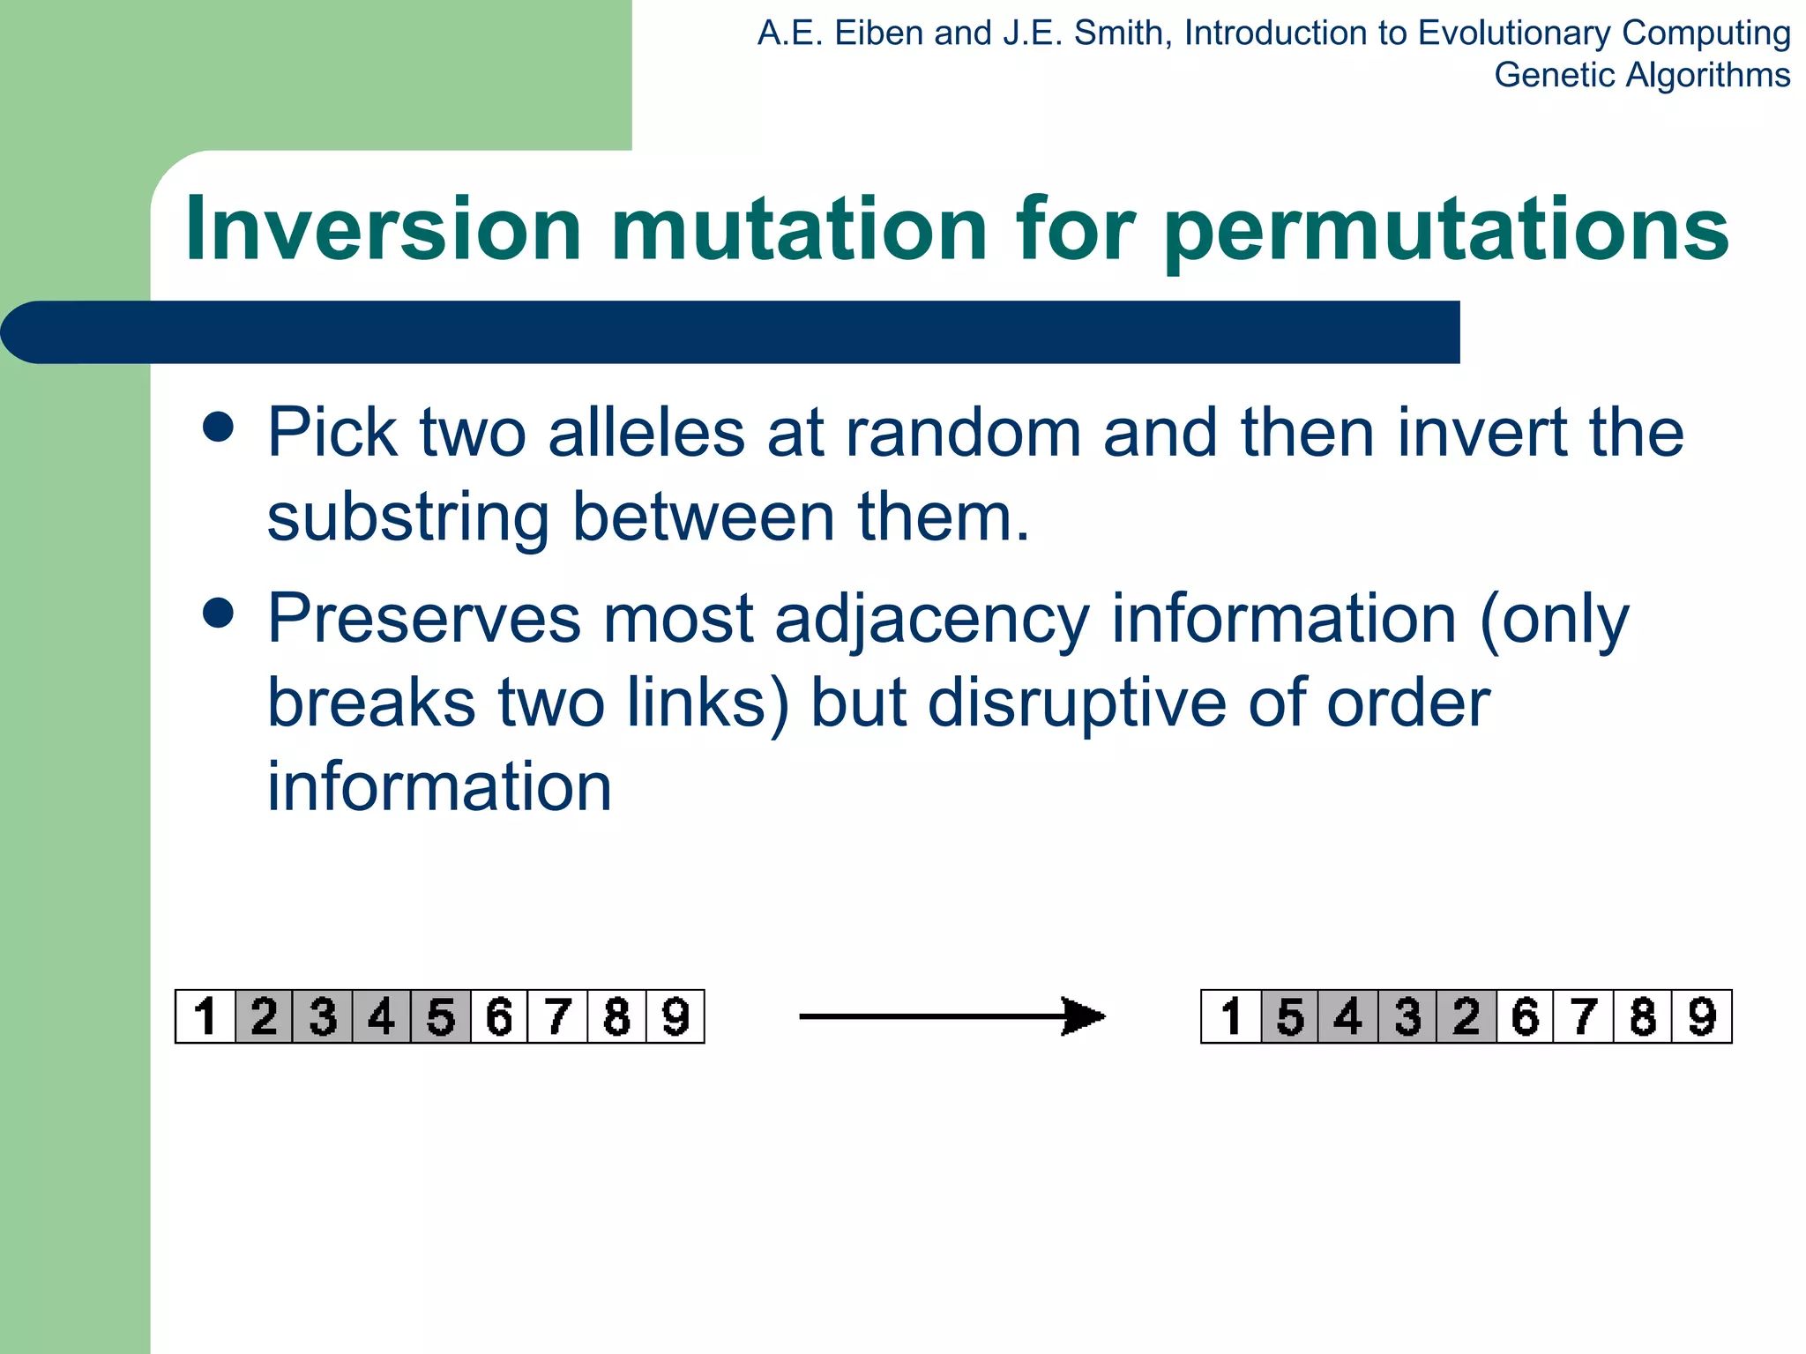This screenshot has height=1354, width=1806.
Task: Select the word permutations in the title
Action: (1446, 231)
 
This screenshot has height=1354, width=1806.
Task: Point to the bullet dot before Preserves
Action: (218, 613)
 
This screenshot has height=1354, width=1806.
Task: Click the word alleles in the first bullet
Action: (646, 433)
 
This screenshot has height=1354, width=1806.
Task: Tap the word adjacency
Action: (932, 620)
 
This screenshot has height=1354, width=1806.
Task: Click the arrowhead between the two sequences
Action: (1083, 1016)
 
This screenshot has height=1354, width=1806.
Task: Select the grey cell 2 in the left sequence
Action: (264, 1016)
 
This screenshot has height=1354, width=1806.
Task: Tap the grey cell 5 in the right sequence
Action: (1290, 1016)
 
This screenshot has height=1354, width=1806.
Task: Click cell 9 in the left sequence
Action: (675, 1016)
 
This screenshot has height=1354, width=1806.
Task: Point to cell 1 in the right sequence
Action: (1231, 1016)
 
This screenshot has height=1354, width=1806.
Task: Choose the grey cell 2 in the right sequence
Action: (1466, 1016)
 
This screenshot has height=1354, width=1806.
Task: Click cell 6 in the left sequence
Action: (499, 1016)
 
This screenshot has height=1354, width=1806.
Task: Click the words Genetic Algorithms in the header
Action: (1642, 75)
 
